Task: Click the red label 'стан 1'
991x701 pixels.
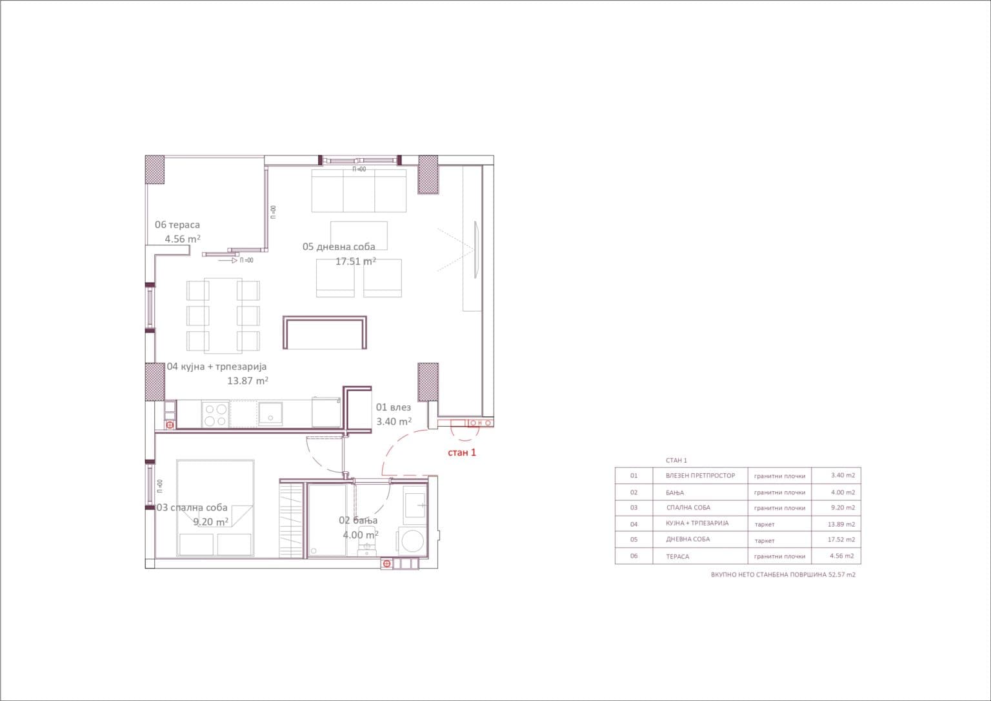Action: tap(462, 452)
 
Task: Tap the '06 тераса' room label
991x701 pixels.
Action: tap(177, 225)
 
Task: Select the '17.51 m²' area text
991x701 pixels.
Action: tap(355, 261)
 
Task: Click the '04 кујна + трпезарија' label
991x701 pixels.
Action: tap(216, 367)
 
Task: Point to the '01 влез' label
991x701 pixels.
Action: tap(394, 407)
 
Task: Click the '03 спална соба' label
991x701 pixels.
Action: tap(192, 507)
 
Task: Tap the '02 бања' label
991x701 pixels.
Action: tap(358, 520)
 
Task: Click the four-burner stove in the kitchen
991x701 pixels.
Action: tap(215, 414)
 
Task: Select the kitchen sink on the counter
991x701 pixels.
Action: tap(270, 414)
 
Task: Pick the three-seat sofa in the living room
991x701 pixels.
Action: tap(359, 191)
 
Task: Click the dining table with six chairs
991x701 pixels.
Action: tap(223, 316)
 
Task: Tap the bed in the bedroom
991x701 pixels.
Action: tap(215, 508)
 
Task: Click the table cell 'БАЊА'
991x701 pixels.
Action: tap(675, 493)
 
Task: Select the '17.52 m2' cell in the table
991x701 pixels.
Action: tap(841, 540)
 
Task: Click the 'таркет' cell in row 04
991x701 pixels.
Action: tap(765, 524)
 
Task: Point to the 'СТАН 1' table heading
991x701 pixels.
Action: tap(676, 460)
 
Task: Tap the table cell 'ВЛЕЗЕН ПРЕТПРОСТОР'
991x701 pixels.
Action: tap(700, 476)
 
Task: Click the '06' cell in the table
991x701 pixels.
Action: tap(634, 556)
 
